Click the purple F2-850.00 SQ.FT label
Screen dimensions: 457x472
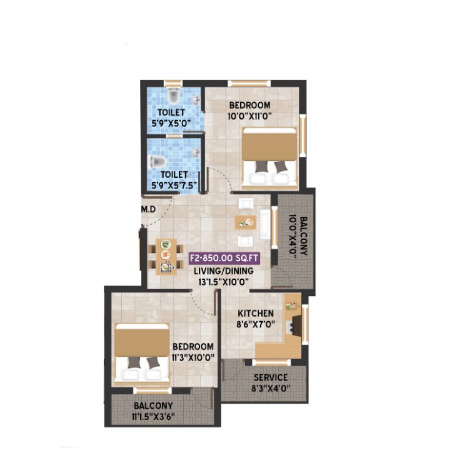(x=224, y=259)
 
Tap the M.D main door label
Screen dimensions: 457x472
(x=149, y=209)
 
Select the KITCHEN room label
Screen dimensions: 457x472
(x=256, y=314)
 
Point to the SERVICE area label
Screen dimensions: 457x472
(x=271, y=377)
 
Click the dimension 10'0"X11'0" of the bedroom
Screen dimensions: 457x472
(x=249, y=116)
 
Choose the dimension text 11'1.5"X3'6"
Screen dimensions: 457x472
(x=153, y=417)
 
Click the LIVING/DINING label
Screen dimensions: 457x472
(x=223, y=271)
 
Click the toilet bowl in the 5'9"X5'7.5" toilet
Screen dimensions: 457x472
(x=158, y=162)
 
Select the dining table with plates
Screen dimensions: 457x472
(x=166, y=256)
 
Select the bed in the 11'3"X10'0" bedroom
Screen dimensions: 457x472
(x=142, y=354)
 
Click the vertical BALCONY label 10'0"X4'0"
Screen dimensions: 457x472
(x=298, y=236)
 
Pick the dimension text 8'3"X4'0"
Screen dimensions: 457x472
(x=271, y=388)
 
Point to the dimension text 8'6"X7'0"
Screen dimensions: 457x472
(x=256, y=324)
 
